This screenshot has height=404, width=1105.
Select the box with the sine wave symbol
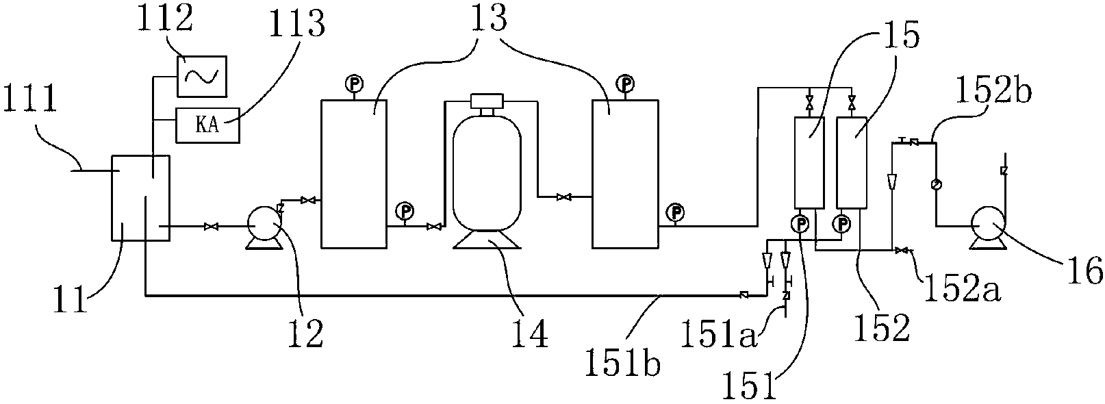coord(203,76)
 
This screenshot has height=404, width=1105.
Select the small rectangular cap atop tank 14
coord(487,101)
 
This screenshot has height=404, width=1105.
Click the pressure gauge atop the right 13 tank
coord(624,84)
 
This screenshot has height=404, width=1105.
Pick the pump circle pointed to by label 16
coord(987,223)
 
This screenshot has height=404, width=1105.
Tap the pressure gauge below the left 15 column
coord(801,223)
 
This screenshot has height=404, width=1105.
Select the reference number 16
coord(1088,272)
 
